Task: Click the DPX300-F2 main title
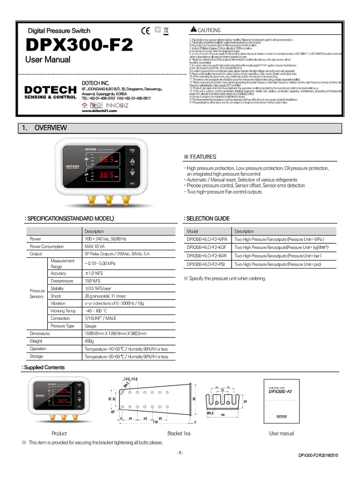[79, 45]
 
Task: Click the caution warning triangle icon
[194, 30]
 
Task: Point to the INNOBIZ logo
[115, 105]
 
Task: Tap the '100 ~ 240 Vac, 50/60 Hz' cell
[105, 239]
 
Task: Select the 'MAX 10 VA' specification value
[95, 247]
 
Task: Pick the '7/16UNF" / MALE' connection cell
[100, 318]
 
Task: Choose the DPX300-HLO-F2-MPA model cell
[207, 239]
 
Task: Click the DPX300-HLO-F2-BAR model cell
[207, 256]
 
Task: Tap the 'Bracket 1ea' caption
[179, 434]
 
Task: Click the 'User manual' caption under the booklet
[281, 434]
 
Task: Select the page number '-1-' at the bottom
[180, 453]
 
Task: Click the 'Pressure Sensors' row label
[37, 293]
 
